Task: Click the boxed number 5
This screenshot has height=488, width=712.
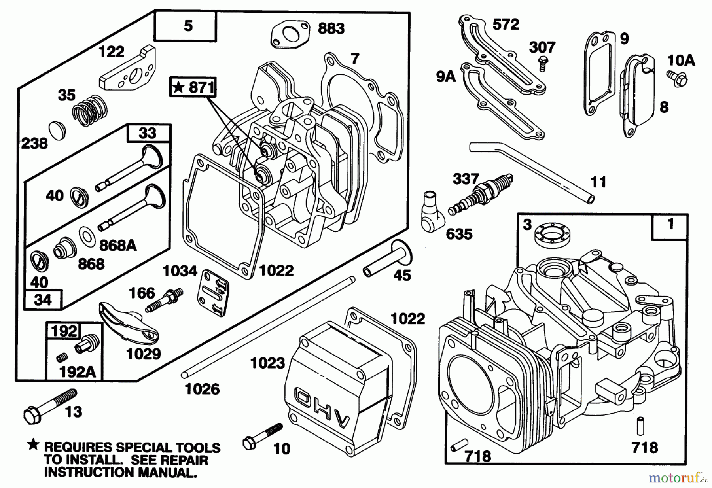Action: (x=188, y=26)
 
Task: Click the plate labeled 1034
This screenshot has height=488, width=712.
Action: (x=214, y=293)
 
